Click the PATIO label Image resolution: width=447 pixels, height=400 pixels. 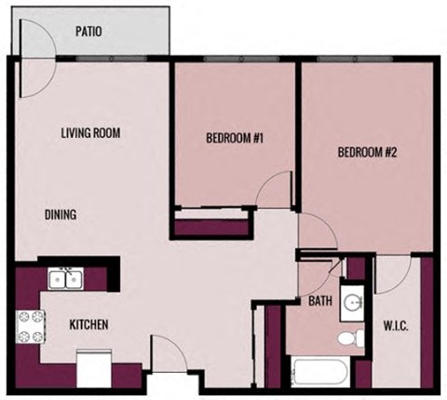tap(88, 32)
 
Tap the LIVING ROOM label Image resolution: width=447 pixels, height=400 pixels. tap(91, 132)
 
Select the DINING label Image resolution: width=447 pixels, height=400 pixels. tap(60, 215)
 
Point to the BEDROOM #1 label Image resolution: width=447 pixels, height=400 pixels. tap(236, 139)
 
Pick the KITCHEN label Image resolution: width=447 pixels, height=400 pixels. tap(89, 324)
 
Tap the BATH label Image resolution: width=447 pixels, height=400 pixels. tap(320, 301)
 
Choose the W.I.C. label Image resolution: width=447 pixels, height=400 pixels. tap(397, 326)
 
